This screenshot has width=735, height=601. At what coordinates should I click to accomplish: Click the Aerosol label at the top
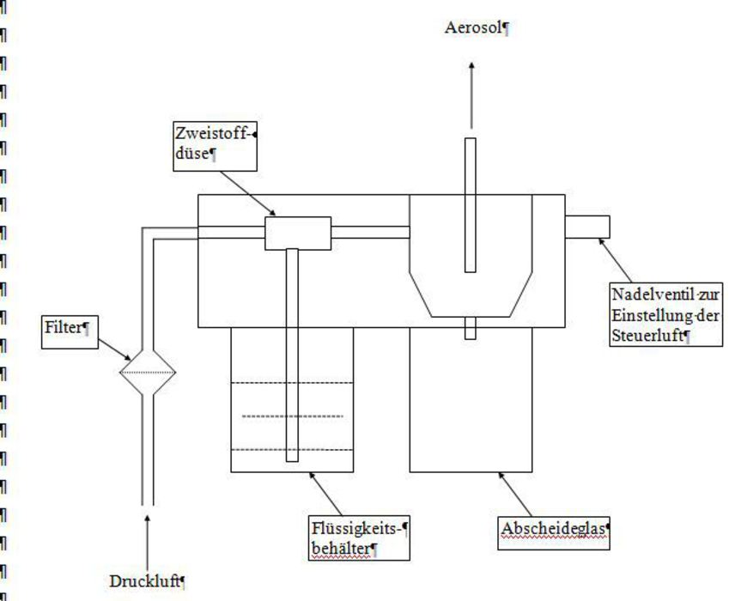click(473, 28)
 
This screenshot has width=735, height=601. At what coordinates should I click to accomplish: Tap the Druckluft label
click(144, 582)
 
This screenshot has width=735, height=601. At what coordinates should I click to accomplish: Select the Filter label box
click(70, 332)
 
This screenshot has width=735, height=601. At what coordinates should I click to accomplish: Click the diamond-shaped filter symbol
click(148, 373)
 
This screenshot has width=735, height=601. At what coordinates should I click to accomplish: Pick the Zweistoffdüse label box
click(216, 146)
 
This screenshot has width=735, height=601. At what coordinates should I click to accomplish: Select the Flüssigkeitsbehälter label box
click(359, 538)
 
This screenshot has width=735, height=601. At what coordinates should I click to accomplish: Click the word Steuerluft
click(647, 336)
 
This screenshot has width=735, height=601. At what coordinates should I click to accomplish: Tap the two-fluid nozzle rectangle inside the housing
click(298, 233)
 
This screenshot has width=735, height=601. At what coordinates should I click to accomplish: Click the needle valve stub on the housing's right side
click(587, 227)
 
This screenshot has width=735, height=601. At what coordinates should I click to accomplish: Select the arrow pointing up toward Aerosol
click(471, 95)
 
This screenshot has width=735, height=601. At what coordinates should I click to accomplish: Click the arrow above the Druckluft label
click(148, 543)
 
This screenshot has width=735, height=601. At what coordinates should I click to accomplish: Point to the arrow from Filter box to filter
click(114, 349)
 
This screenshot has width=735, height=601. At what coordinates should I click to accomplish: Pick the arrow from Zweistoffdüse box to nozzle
click(248, 194)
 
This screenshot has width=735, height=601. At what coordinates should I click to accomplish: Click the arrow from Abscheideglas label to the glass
click(514, 495)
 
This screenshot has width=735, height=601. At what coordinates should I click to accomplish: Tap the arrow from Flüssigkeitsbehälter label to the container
click(325, 495)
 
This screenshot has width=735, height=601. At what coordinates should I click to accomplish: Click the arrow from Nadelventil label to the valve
click(616, 260)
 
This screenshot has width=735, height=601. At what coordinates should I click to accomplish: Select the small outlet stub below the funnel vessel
click(471, 328)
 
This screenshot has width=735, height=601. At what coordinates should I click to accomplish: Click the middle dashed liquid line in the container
click(293, 416)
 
